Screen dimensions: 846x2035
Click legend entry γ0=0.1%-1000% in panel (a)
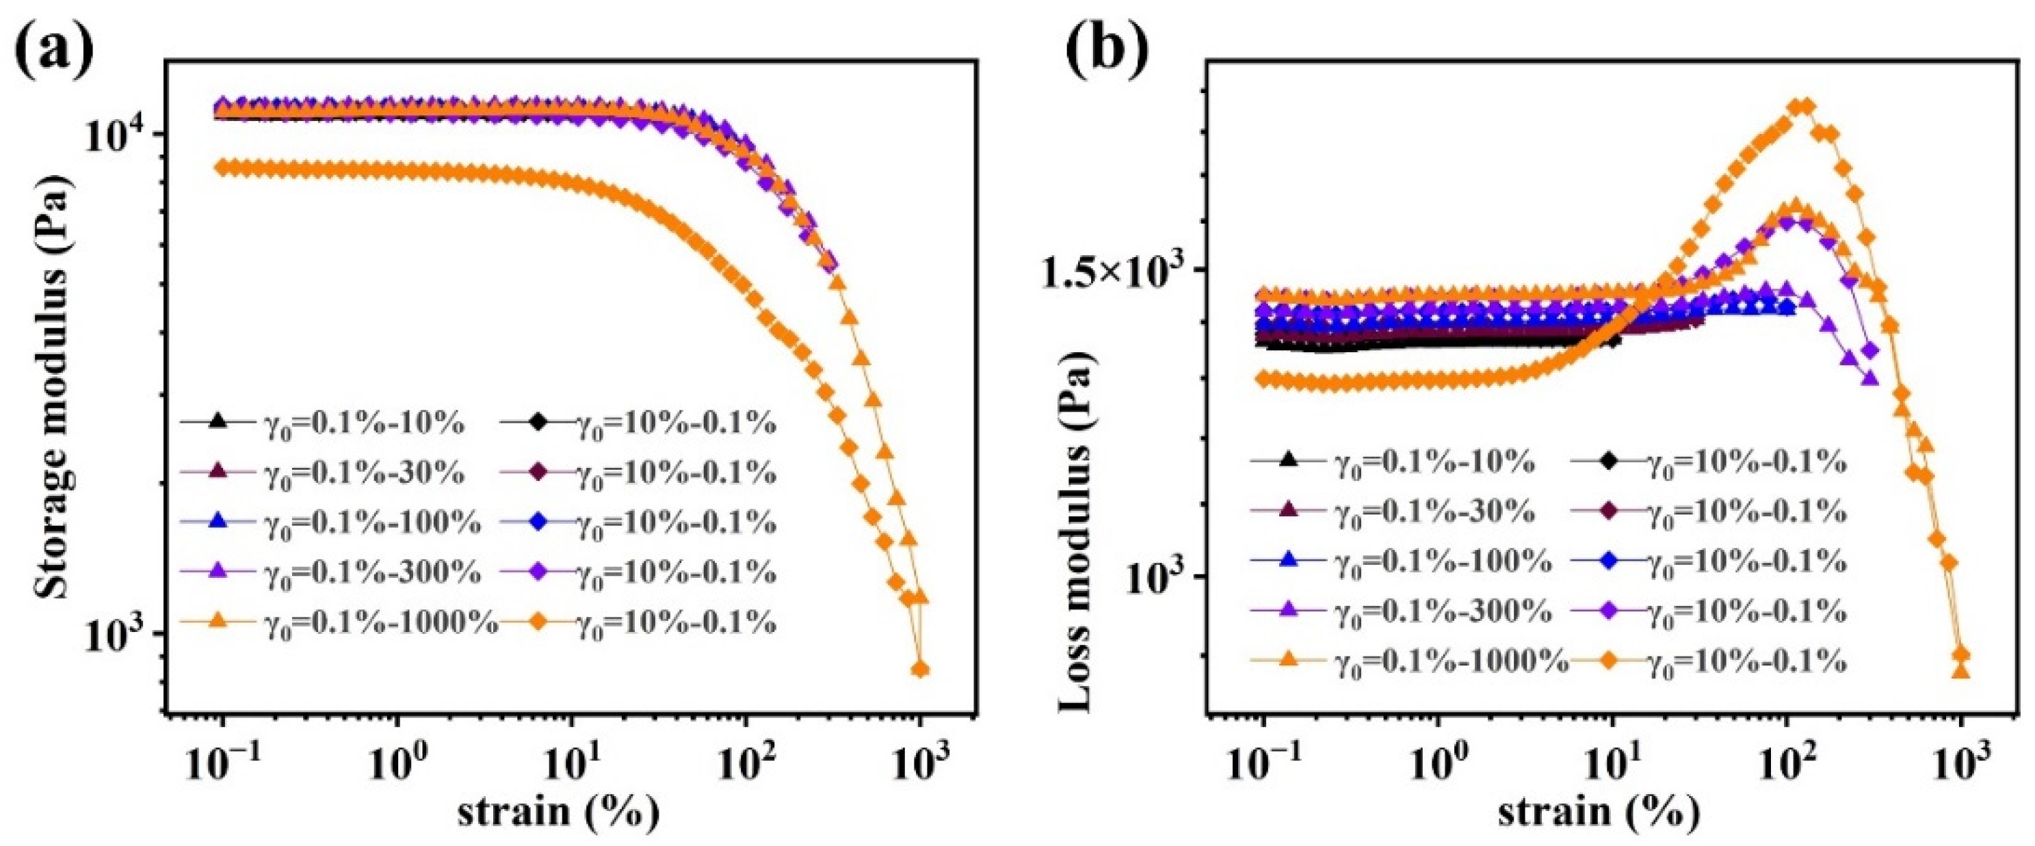[x=379, y=623]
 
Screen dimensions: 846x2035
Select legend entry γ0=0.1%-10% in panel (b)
[x=1434, y=462]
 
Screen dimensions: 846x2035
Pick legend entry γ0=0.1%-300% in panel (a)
[x=371, y=572]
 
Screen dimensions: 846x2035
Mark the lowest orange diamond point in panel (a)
[x=919, y=670]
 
